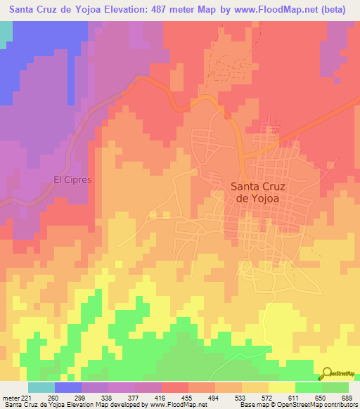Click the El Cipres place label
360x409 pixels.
(x=73, y=179)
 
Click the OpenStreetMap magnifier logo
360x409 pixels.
(x=328, y=373)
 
